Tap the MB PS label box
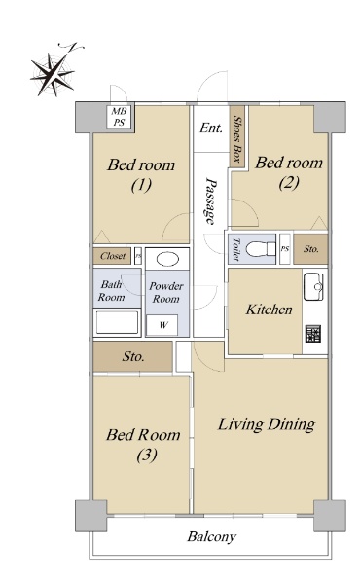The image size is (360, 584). click(119, 117)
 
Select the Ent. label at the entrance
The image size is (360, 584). click(211, 128)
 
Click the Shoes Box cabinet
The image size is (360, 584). click(237, 136)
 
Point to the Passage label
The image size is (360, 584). click(211, 201)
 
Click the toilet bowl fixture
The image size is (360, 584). click(260, 248)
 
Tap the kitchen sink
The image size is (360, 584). click(313, 286)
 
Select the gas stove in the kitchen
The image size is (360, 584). click(313, 333)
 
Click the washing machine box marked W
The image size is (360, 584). click(162, 325)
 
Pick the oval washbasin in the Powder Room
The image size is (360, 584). click(167, 259)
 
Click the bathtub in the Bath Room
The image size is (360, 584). click(117, 322)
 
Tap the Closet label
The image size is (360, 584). click(113, 256)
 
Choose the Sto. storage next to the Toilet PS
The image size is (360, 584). click(310, 249)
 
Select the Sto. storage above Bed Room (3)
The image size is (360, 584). click(132, 356)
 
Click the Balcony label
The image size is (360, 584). click(211, 536)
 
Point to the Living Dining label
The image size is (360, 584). click(267, 424)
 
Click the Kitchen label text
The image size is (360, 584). click(269, 310)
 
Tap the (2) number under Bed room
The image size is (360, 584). click(289, 183)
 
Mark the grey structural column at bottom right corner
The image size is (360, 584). click(330, 516)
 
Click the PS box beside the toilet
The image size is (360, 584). click(285, 249)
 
